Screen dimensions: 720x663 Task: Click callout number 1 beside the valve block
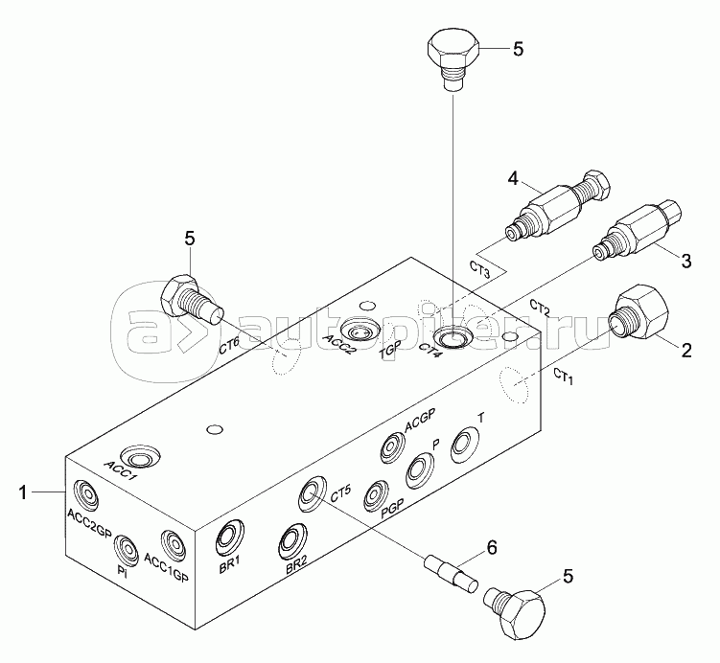tap(23, 492)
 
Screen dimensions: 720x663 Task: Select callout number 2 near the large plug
tap(686, 351)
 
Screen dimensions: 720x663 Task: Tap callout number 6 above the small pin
tap(492, 547)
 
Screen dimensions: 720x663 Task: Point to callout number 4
tap(513, 179)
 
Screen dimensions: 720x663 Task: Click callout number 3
tap(685, 261)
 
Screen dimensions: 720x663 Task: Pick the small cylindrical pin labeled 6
tap(452, 574)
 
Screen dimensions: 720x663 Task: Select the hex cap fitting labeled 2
tap(639, 312)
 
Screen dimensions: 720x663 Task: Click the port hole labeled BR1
tap(230, 536)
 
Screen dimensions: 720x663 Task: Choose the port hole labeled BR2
tap(294, 540)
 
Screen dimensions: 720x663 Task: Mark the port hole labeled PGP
tap(375, 496)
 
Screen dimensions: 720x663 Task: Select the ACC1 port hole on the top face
tap(140, 458)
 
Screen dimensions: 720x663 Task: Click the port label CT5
tap(340, 494)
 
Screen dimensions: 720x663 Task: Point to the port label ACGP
tap(419, 418)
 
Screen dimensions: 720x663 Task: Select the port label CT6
tap(229, 346)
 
